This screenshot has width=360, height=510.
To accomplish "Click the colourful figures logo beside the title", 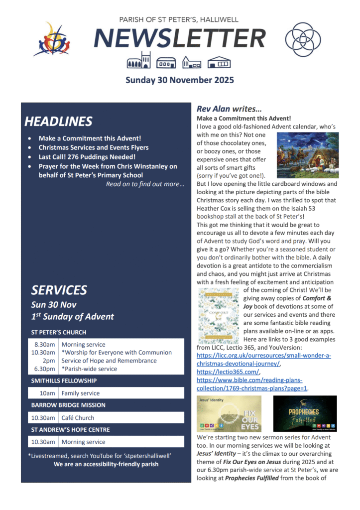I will coord(51,39).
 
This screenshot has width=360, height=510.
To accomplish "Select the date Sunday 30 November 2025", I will coord(179,80).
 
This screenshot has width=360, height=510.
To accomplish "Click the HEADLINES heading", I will coord(58,122).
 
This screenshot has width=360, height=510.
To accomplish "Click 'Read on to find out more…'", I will coord(145,184).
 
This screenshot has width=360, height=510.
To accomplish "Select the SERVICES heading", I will coord(59,290).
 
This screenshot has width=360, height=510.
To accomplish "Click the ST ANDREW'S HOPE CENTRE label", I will coord(70,430).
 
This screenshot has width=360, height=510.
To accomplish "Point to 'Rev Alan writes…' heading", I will coord(229,109).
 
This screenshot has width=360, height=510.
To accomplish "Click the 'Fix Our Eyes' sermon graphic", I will coord(229,413).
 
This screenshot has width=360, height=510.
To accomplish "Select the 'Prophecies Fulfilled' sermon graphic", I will coord(305,413).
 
